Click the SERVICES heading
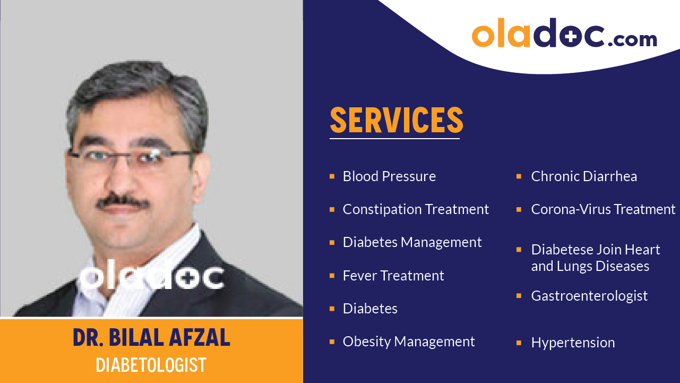click(x=396, y=120)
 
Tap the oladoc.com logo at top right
click(x=564, y=35)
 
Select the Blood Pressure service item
click(x=389, y=176)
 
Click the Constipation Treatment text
click(x=416, y=209)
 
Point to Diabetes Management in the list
click(x=412, y=242)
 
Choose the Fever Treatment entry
click(x=393, y=276)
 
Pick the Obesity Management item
click(x=408, y=342)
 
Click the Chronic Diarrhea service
click(x=584, y=176)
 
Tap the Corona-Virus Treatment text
click(x=603, y=209)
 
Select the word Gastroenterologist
click(x=589, y=296)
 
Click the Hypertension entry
click(x=573, y=343)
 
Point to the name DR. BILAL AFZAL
click(x=151, y=338)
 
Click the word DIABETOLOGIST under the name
click(x=151, y=365)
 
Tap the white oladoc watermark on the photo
click(x=151, y=277)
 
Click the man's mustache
click(x=123, y=202)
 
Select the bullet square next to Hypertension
click(x=519, y=343)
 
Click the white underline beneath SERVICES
click(x=394, y=139)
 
